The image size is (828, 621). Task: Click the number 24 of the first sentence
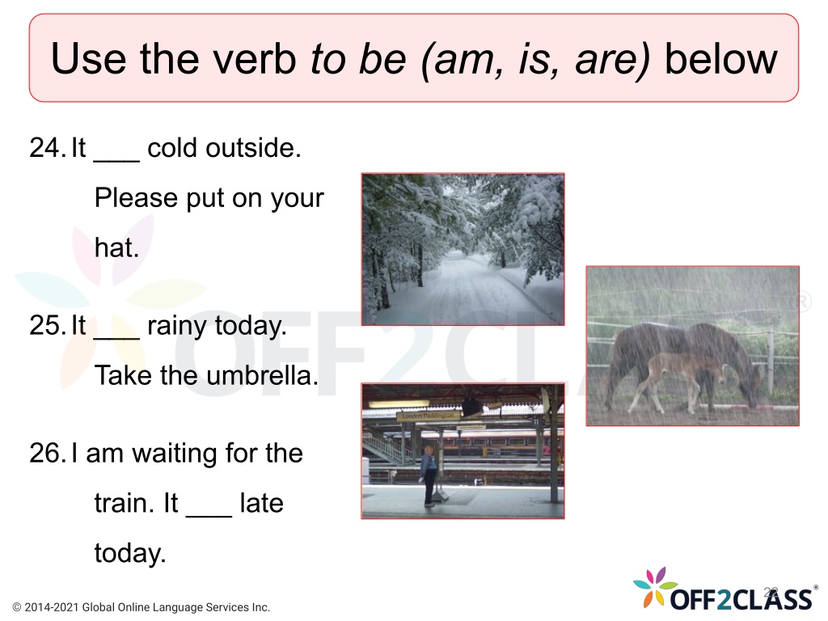click(47, 148)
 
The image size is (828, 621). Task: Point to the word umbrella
click(263, 376)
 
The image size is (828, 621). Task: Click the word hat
click(116, 247)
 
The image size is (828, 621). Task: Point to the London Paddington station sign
click(427, 416)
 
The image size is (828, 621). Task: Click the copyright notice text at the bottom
click(141, 607)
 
